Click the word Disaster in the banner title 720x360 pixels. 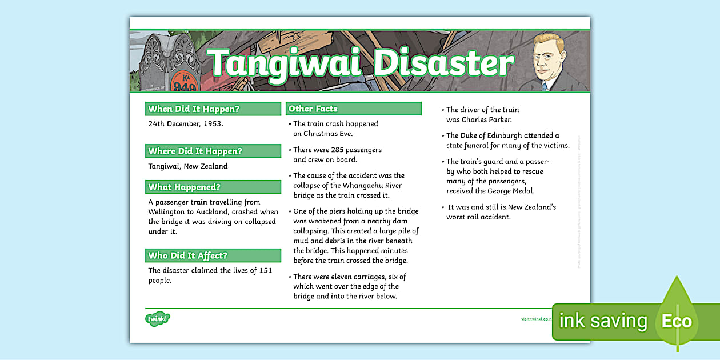[443, 63]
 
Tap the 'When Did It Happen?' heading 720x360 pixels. [194, 109]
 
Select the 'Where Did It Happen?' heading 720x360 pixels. [195, 151]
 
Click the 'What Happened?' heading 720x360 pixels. [184, 187]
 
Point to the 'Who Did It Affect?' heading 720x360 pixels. [187, 255]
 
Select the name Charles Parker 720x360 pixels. [487, 119]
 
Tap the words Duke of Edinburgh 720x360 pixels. [491, 135]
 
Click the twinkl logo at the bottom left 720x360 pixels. [158, 319]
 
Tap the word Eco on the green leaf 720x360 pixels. [677, 322]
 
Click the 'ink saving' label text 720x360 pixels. [603, 322]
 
